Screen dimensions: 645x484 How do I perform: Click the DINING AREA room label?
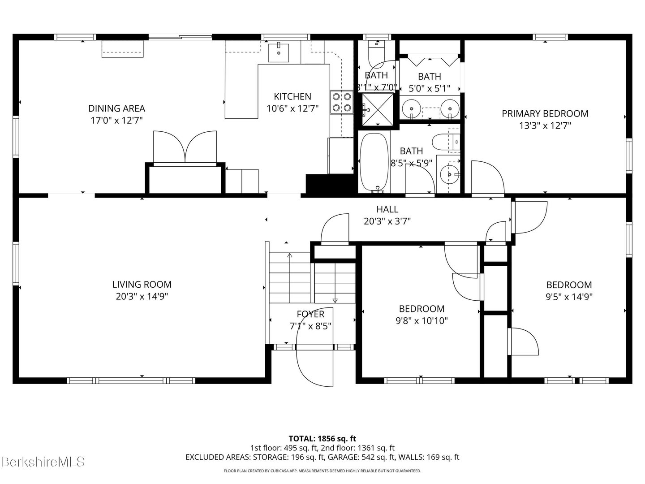click(116, 108)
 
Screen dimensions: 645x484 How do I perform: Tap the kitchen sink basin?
click(278, 53)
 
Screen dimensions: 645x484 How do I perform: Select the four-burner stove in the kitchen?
click(341, 102)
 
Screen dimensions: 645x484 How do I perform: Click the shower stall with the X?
click(377, 109)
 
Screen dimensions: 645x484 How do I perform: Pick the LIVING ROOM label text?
click(142, 285)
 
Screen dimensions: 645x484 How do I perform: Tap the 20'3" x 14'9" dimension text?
click(142, 297)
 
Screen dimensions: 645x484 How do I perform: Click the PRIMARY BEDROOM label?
click(545, 114)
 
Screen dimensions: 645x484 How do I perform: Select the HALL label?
click(387, 209)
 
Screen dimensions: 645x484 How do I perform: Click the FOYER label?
click(310, 314)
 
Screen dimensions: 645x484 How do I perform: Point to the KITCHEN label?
click(292, 96)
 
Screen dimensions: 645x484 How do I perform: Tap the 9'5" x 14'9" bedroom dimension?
click(569, 297)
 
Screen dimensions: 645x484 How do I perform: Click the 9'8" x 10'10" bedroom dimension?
click(421, 320)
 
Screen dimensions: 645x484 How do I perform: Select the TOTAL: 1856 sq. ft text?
click(322, 439)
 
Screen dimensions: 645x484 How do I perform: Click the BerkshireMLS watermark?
click(43, 462)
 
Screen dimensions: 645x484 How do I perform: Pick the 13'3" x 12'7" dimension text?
click(545, 126)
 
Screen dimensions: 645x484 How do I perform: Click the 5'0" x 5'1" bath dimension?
click(430, 88)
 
